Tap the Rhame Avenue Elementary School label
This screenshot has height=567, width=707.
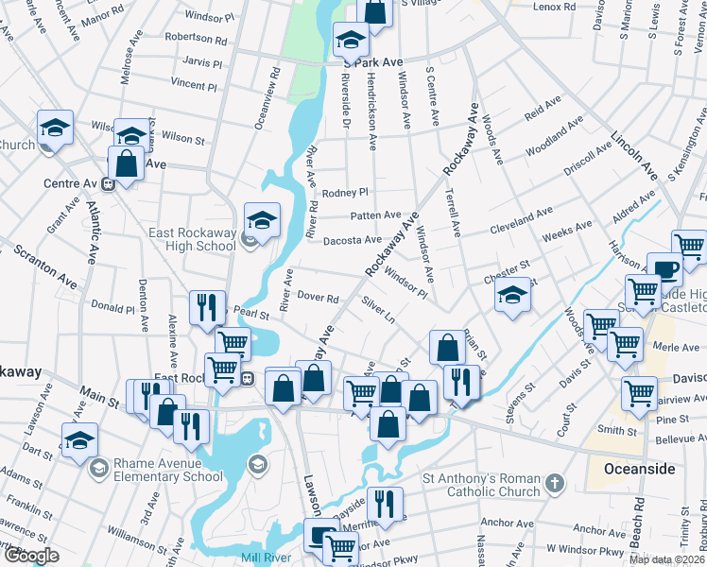168,470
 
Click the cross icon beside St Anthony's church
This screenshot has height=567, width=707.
555,484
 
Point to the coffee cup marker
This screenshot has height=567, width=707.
664,269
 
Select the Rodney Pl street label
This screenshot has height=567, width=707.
345,193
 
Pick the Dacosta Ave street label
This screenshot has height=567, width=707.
352,240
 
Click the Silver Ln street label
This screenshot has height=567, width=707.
378,309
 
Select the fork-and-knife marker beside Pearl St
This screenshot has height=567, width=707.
206,306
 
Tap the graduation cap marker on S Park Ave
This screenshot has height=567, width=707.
350,41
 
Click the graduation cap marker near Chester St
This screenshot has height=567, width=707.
512,296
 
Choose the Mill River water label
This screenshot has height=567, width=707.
263,558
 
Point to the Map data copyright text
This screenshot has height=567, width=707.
666,559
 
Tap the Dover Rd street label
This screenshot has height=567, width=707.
318,297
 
